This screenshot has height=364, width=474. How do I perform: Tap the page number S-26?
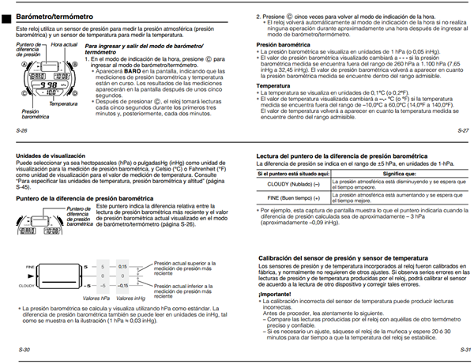19,128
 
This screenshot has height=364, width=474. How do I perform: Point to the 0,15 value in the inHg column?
122,266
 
